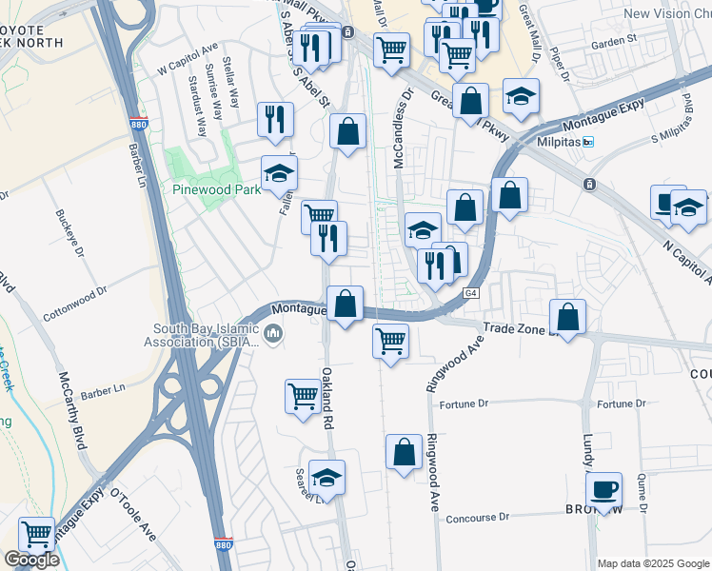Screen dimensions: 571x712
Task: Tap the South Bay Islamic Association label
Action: click(x=204, y=336)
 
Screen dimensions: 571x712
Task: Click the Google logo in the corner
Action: click(x=31, y=560)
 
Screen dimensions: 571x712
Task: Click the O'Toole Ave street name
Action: click(x=133, y=515)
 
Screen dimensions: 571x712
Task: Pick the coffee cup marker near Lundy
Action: click(x=603, y=491)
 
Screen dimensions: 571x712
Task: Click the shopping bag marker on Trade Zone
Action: click(x=567, y=319)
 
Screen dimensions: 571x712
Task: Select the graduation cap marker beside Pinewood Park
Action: click(x=280, y=173)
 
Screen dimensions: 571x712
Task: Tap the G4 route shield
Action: click(x=470, y=293)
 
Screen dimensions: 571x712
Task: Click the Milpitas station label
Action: click(x=563, y=142)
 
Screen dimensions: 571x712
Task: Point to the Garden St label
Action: click(x=613, y=42)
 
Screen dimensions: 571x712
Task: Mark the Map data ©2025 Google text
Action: click(x=653, y=563)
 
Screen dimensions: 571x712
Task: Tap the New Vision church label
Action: click(x=666, y=13)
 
